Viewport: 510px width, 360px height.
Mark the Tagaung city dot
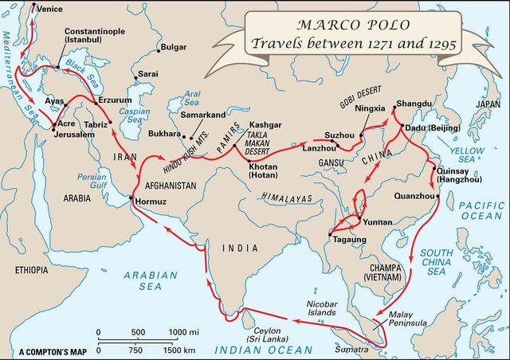(328, 234)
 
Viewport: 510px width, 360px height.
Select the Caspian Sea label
(135, 115)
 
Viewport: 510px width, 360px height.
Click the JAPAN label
(487, 104)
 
